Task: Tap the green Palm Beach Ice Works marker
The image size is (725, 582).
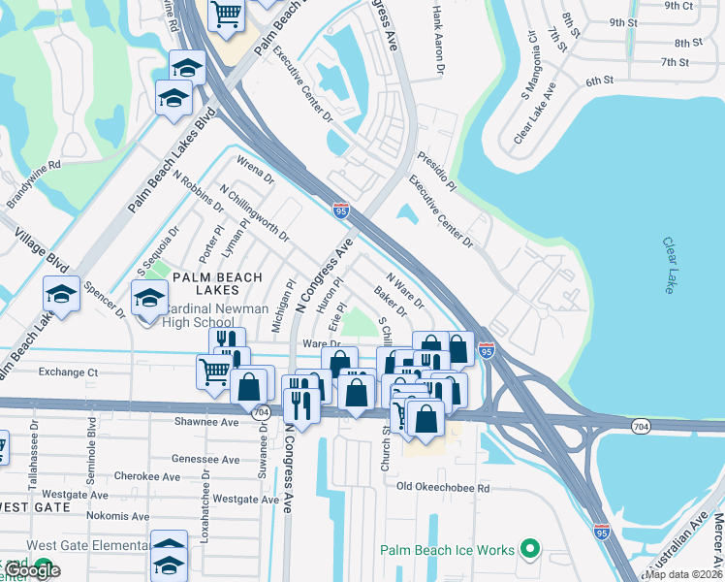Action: [528, 550]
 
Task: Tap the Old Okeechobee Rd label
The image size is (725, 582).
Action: [442, 487]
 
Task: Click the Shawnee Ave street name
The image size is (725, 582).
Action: [205, 422]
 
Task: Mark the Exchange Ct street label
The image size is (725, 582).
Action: [68, 372]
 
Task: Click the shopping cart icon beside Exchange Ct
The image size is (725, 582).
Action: [213, 370]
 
